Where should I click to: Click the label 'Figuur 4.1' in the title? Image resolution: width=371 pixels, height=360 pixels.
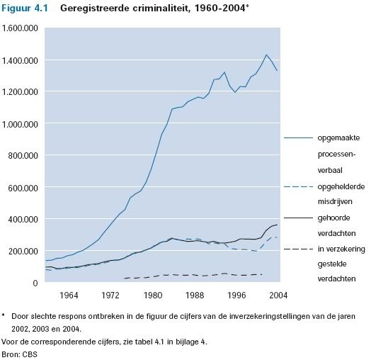point(25,9)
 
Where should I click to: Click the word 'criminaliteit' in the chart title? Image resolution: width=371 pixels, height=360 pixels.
point(161,9)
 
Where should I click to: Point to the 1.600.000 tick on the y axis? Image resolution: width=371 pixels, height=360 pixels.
point(20,28)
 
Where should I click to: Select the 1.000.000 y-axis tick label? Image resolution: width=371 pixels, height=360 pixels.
point(20,124)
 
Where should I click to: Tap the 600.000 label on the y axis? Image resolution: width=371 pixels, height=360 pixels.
point(23,188)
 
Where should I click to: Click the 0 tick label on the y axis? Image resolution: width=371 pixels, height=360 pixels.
point(35,283)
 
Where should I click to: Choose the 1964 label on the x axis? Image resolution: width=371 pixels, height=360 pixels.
point(69,296)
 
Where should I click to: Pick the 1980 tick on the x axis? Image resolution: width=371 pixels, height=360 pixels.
point(153,296)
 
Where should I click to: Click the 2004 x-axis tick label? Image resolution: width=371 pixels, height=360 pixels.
point(278,296)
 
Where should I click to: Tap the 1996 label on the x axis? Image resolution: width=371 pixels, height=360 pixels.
point(236,296)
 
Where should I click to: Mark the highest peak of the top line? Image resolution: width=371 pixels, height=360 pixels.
point(266,55)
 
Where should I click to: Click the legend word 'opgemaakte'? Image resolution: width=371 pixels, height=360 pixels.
point(338,138)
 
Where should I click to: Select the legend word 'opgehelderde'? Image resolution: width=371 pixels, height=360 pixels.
point(341,187)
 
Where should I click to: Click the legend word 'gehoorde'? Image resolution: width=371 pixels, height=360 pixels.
point(333,218)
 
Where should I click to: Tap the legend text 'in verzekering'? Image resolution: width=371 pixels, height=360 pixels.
point(341,249)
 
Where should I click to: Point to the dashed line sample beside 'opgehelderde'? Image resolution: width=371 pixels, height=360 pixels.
point(298,186)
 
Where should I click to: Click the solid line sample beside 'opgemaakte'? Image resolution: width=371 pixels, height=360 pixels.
point(298,137)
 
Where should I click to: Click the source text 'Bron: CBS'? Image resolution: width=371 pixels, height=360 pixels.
point(19,354)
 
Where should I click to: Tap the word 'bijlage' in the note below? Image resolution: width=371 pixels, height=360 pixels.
point(186,342)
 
